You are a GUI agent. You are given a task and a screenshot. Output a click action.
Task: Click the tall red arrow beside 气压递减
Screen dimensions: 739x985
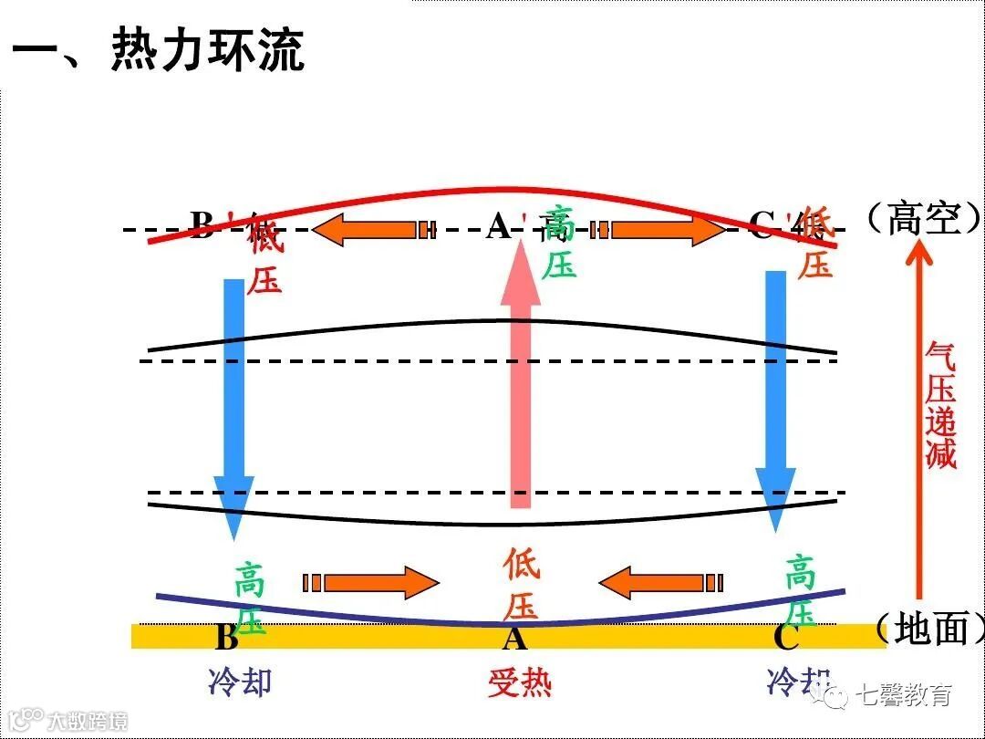coord(918,429)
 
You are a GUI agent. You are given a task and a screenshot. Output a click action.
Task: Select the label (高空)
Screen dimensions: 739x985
coord(922,219)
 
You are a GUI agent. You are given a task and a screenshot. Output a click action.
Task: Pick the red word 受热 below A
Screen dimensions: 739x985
coord(520,683)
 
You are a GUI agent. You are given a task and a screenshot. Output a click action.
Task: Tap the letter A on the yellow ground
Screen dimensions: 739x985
coord(515,638)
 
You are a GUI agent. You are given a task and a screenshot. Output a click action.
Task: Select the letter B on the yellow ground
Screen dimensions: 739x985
coord(226,637)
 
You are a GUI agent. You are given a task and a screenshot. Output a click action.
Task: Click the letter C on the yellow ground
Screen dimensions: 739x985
coord(785,637)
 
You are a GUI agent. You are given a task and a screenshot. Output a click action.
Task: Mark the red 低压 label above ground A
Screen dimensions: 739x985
coord(521,584)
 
